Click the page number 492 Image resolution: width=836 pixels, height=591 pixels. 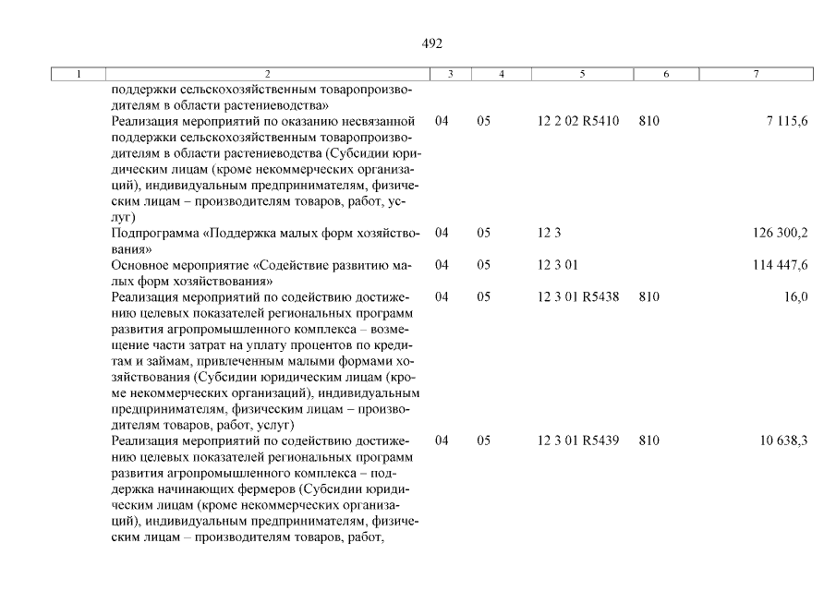coord(432,43)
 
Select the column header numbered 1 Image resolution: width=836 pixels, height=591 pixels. coord(79,73)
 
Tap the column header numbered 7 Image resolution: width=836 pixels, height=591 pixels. coord(756,73)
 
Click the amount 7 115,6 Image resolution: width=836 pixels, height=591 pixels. coord(786,121)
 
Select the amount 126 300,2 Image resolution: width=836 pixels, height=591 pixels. coord(781,233)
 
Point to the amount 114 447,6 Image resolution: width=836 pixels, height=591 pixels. coord(781,265)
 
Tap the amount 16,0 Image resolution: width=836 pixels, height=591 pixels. coord(795,296)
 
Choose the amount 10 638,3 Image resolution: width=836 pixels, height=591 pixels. coord(784,440)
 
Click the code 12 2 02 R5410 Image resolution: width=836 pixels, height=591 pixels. coord(577,121)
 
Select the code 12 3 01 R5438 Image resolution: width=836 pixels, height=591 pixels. coord(577,296)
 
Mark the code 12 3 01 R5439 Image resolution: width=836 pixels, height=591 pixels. coord(577,440)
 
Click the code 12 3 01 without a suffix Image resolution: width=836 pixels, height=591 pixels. coord(557,265)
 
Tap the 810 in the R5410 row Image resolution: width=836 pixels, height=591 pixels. coord(648,121)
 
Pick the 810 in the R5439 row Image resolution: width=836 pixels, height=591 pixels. coord(648,440)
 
